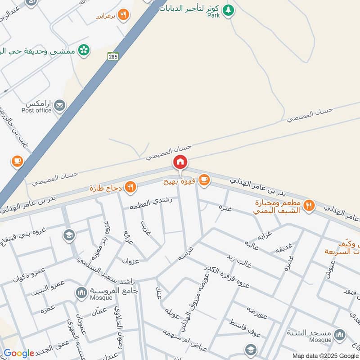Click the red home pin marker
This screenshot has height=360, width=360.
[180, 162]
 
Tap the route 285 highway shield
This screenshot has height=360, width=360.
[112, 56]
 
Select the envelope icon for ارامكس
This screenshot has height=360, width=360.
[59, 106]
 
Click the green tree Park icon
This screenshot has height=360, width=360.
[229, 9]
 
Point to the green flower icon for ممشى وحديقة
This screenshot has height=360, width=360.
[83, 50]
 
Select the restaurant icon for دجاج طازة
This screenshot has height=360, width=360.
[130, 187]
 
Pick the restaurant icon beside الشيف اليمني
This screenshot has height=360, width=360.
[309, 205]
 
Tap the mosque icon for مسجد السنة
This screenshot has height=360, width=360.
[340, 334]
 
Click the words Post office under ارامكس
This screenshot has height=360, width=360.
[36, 110]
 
